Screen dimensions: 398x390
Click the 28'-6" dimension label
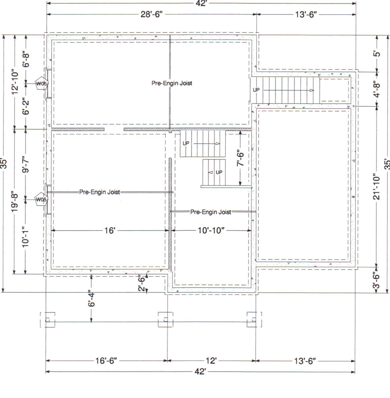[152, 15]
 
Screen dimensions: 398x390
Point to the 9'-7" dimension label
[26, 164]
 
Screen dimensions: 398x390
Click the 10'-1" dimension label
[26, 237]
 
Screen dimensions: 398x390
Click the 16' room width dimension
[109, 230]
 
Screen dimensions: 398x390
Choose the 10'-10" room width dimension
[211, 230]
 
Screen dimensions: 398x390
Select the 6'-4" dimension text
[91, 298]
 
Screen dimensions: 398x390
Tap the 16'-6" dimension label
[105, 361]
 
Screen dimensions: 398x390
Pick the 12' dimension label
[211, 361]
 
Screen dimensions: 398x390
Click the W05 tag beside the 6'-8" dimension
[41, 84]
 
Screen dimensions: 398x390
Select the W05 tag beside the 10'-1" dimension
[41, 199]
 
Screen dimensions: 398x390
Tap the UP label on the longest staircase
[256, 90]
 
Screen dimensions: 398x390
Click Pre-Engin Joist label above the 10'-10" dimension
[211, 212]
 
